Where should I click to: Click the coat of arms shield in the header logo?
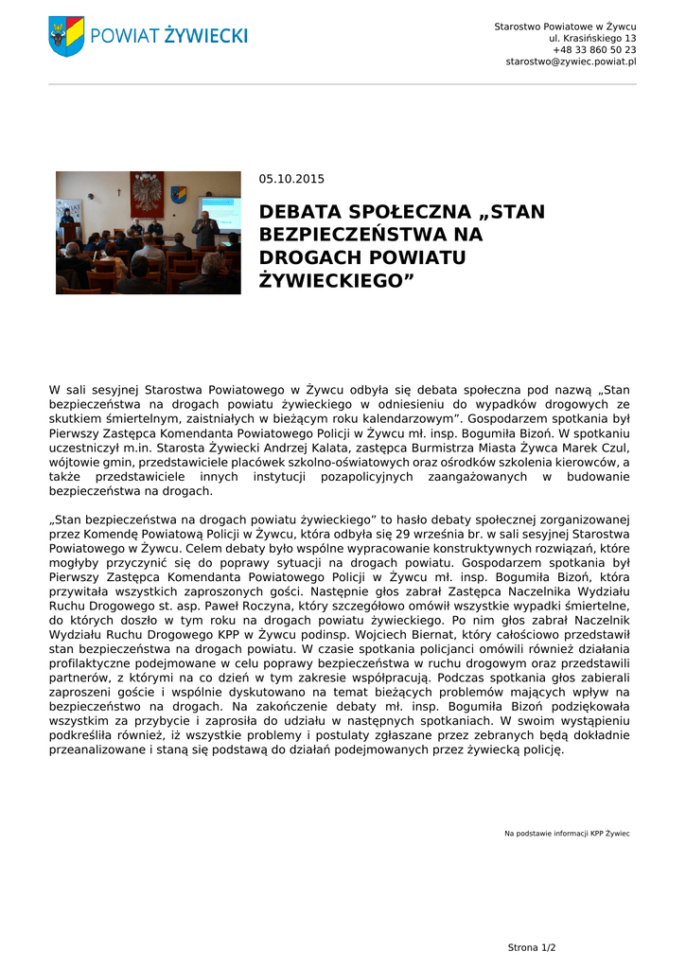pyautogui.click(x=66, y=36)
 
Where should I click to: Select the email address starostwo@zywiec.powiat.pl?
pyautogui.click(x=571, y=62)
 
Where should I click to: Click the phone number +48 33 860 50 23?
pyautogui.click(x=594, y=49)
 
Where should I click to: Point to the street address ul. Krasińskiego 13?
pyautogui.click(x=592, y=38)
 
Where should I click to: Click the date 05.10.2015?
pyautogui.click(x=291, y=179)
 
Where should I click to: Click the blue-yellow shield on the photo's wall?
pyautogui.click(x=179, y=194)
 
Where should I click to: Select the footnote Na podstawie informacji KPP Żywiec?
pyautogui.click(x=567, y=834)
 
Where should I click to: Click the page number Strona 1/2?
pyautogui.click(x=532, y=947)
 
